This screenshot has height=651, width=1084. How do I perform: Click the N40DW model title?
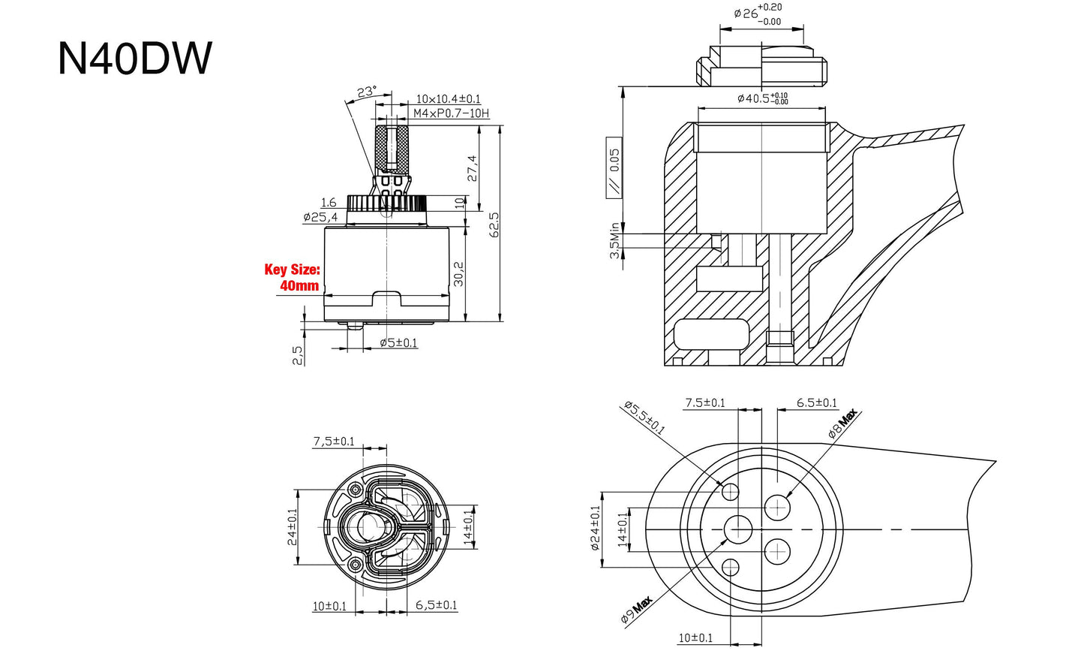[x=135, y=59]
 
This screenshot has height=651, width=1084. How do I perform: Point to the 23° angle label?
[x=367, y=92]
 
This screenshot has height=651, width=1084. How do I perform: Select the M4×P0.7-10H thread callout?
[x=451, y=113]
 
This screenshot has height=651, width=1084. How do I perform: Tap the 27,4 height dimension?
[x=471, y=168]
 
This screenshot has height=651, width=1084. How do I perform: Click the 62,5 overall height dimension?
[x=494, y=225]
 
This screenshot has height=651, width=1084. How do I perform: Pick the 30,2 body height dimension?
[x=458, y=274]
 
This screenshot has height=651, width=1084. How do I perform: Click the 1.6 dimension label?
[x=329, y=203]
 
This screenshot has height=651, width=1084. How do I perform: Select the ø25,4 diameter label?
[x=320, y=217]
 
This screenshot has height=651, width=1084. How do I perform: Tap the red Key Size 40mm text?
[x=293, y=277]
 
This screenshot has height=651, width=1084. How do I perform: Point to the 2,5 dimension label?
[x=298, y=354]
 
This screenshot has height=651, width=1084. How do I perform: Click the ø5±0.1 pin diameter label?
[x=398, y=343]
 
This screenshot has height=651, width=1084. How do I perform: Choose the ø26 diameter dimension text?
[x=758, y=14]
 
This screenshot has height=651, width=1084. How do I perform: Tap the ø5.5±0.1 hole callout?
[x=644, y=418]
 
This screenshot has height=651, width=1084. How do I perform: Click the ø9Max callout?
[x=636, y=608]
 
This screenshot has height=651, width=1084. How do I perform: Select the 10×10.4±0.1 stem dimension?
[x=449, y=99]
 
